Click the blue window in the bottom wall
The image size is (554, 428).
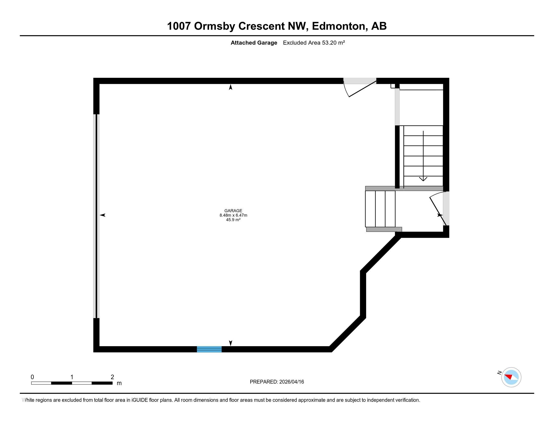pyautogui.click(x=209, y=349)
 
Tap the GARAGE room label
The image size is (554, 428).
pyautogui.click(x=233, y=210)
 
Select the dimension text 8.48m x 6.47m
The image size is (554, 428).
pyautogui.click(x=233, y=215)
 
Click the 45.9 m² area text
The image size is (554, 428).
pyautogui.click(x=233, y=220)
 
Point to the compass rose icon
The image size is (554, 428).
pyautogui.click(x=511, y=377)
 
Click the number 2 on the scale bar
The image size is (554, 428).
pyautogui.click(x=112, y=377)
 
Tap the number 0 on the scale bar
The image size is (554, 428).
pyautogui.click(x=32, y=377)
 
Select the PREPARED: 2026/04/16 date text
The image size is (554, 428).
pyautogui.click(x=276, y=382)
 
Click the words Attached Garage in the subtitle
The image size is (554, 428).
pyautogui.click(x=254, y=43)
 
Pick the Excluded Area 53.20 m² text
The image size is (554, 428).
pyautogui.click(x=314, y=43)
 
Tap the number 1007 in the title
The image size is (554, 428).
pyautogui.click(x=179, y=26)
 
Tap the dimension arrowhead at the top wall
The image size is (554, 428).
pyautogui.click(x=230, y=87)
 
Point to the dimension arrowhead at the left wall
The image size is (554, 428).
pyautogui.click(x=102, y=215)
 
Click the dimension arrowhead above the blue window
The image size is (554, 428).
pyautogui.click(x=230, y=343)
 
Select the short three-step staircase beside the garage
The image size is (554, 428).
pyautogui.click(x=380, y=209)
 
